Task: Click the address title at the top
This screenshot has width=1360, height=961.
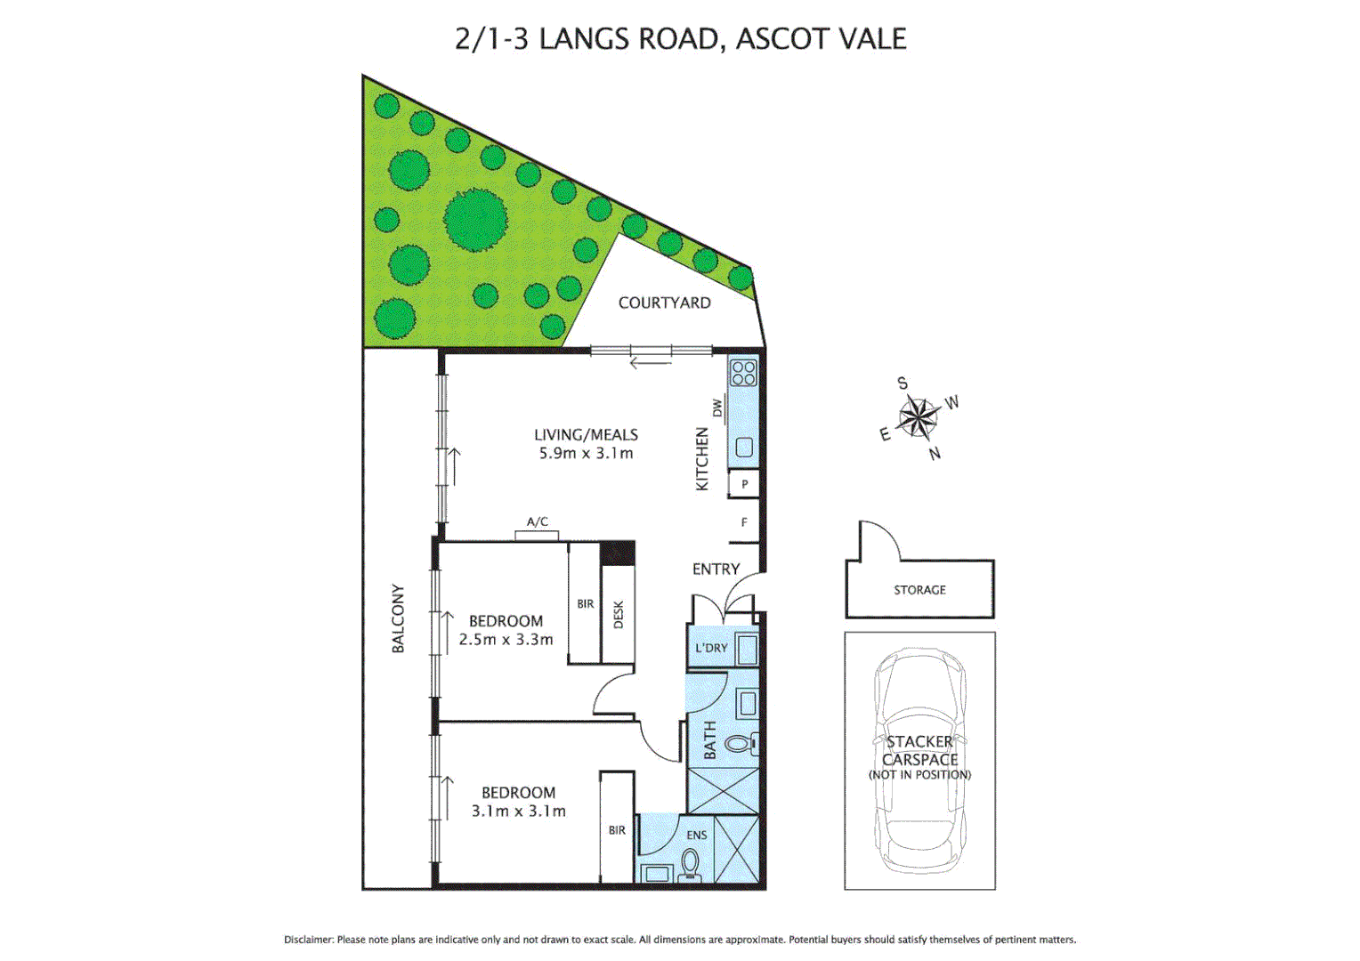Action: coord(680,39)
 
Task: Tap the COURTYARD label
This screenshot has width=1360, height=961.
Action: coord(664,303)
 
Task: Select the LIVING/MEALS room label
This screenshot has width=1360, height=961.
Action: coord(586,434)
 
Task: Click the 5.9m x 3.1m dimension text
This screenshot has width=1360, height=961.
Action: coord(586,454)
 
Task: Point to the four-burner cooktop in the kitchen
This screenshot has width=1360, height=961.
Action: coord(743,373)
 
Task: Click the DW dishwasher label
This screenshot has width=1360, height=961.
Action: coord(717,408)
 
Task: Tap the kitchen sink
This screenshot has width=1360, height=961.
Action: coord(744,448)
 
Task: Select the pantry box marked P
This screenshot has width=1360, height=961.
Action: coord(744,484)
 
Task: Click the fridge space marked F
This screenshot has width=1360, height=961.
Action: coord(744,522)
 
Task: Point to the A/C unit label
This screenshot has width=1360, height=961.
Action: coord(537,522)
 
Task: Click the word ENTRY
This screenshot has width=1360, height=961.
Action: coord(716,569)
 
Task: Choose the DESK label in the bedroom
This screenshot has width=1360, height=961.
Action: coord(619,615)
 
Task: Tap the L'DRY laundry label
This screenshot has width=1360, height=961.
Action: coord(711,648)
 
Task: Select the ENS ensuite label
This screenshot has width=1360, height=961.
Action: coord(697,835)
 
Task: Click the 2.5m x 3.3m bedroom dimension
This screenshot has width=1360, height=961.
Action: coord(506,640)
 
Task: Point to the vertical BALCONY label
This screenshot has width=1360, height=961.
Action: coord(398,618)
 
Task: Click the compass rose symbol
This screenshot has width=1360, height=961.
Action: coord(918,417)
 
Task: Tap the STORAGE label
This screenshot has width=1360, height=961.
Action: coord(919,590)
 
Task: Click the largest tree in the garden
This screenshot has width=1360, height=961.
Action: coord(475,219)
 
